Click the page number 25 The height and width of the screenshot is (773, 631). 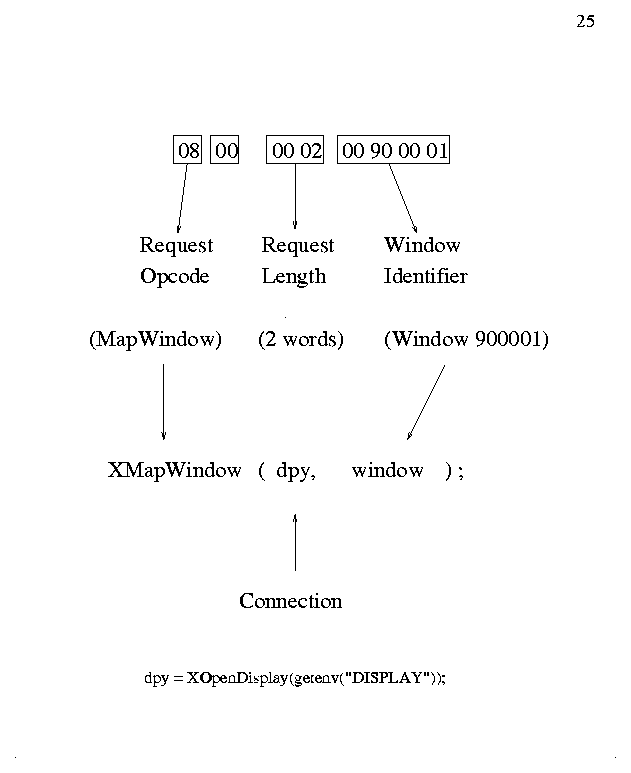(x=586, y=21)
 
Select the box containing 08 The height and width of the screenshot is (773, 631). (x=188, y=151)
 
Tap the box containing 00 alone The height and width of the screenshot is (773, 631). (x=226, y=151)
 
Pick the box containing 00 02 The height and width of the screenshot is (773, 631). (x=297, y=151)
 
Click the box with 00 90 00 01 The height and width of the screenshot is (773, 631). (x=394, y=151)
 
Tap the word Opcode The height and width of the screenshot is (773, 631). (x=175, y=277)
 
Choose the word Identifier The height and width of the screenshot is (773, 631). (x=425, y=277)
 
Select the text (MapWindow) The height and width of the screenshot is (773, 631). (x=155, y=340)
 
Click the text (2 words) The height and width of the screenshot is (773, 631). (x=301, y=340)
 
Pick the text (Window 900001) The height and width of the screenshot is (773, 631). (x=466, y=340)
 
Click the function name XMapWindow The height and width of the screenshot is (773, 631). (x=174, y=470)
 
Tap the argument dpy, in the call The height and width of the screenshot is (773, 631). (x=296, y=470)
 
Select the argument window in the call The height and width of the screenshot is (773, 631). (x=387, y=470)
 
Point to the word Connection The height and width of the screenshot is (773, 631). (x=290, y=601)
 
